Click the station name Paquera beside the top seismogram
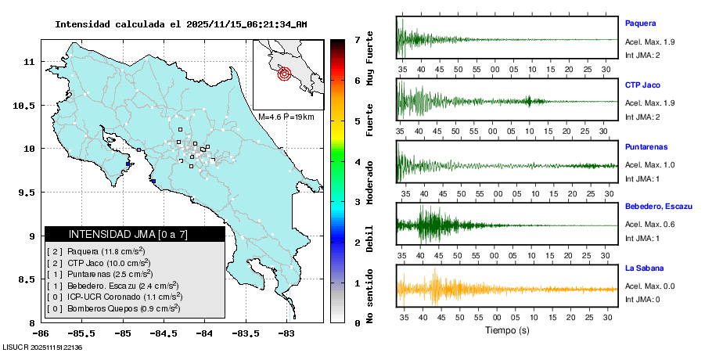[640, 23]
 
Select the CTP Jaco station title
[642, 85]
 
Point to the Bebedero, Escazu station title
[659, 207]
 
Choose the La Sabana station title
[644, 268]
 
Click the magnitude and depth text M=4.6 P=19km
[286, 117]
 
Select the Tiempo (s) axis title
[508, 331]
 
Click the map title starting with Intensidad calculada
[181, 24]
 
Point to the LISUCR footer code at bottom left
[43, 347]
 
